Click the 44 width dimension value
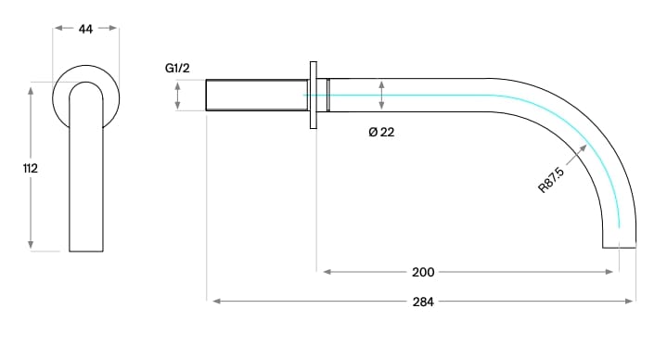pos(85,29)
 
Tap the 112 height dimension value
pos(31,169)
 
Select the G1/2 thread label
pos(177,68)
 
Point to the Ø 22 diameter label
pos(381,133)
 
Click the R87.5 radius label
pos(551,180)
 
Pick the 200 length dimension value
pos(423,272)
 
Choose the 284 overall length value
pos(423,302)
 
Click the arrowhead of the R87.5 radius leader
pos(584,148)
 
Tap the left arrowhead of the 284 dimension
pos(216,302)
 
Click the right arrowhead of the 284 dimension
pos(630,302)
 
